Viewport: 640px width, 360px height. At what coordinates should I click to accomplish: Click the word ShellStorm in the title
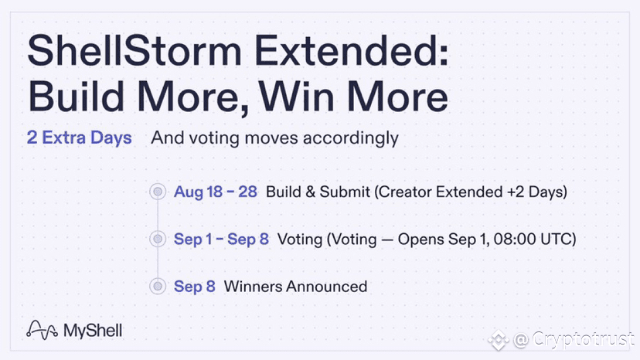(x=134, y=51)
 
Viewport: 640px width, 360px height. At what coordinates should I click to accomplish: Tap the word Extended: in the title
(x=352, y=51)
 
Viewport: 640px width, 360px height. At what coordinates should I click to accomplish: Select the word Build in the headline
(x=76, y=97)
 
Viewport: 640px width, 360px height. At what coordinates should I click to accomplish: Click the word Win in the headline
(x=297, y=97)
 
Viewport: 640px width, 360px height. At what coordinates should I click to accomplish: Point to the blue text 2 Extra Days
(x=79, y=138)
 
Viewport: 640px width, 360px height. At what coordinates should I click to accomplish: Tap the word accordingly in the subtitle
(x=351, y=138)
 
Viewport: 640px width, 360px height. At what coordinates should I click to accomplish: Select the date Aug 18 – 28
(x=216, y=192)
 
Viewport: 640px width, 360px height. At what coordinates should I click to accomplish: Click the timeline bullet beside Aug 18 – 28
(x=158, y=192)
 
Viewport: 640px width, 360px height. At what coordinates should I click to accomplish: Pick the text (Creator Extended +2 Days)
(x=471, y=192)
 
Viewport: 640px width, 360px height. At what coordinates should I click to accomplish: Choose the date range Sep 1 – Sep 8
(x=221, y=239)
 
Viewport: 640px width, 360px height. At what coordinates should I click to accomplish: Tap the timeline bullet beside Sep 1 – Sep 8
(x=158, y=239)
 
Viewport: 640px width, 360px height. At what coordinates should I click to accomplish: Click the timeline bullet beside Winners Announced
(x=158, y=286)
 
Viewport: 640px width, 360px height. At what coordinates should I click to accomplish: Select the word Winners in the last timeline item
(x=253, y=287)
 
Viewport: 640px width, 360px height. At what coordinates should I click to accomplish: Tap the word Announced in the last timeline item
(x=326, y=287)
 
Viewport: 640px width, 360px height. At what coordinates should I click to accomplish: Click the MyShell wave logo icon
(x=42, y=330)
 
